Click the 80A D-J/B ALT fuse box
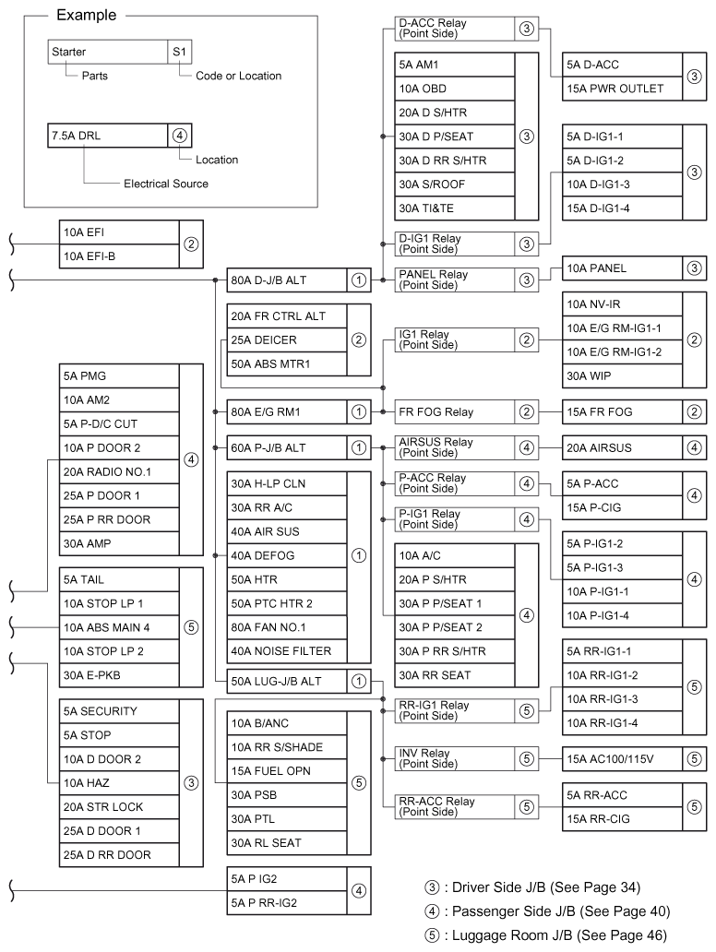point(287,280)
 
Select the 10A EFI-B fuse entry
point(115,256)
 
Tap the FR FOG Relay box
point(452,411)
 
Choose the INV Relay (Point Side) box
point(452,759)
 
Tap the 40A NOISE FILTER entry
point(286,651)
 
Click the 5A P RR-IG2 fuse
point(286,902)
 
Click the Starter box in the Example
point(106,53)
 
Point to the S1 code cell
point(178,53)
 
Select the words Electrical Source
point(166,184)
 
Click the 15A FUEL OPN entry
point(286,771)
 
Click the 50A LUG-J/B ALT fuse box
point(287,682)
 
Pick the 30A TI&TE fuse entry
point(452,208)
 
